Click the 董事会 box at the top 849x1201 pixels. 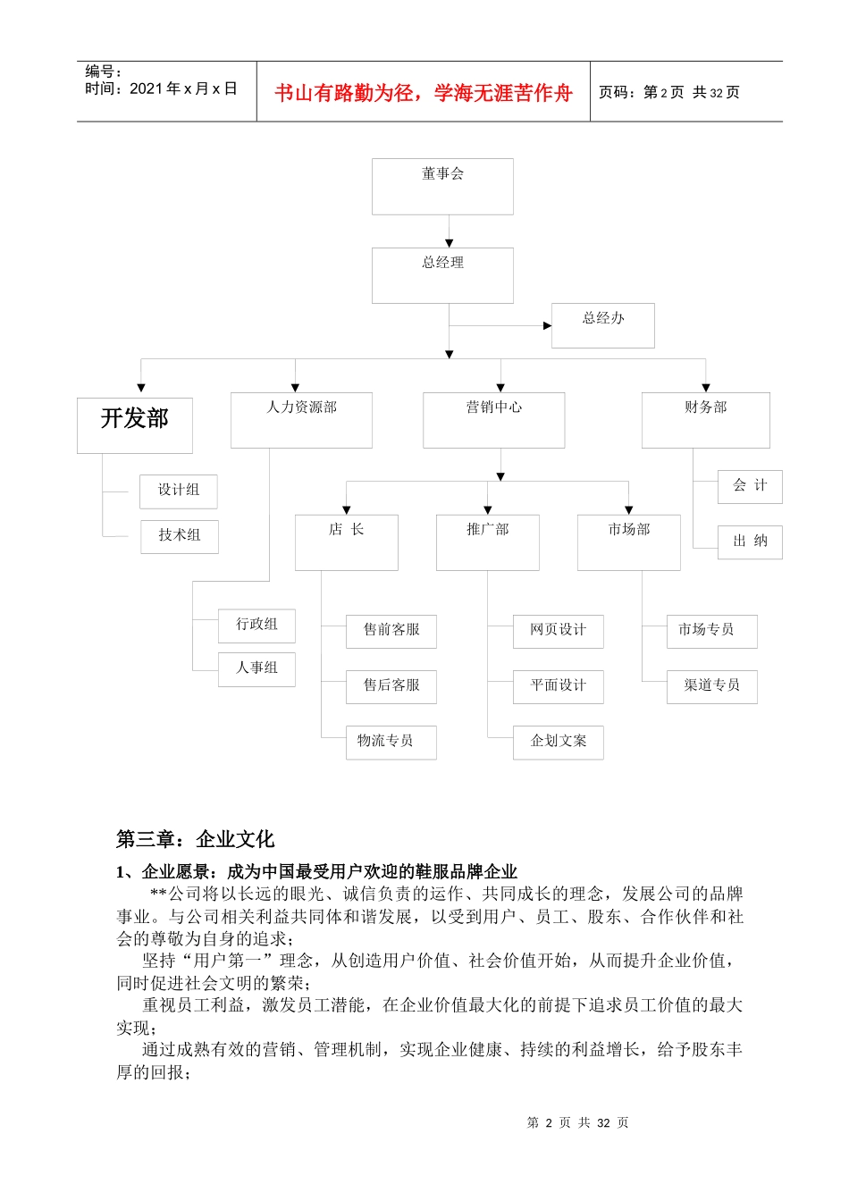442,186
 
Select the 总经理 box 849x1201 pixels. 442,275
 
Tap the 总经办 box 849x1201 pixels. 602,325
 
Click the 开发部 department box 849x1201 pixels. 135,424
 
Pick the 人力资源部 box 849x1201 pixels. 301,419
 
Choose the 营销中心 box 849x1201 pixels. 493,419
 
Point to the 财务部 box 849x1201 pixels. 705,419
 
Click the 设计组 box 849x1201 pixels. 179,491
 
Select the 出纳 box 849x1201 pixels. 750,542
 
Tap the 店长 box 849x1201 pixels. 346,542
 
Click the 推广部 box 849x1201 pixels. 487,542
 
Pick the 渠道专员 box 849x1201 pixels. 711,686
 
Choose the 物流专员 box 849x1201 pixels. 391,742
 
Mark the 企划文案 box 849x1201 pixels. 558,742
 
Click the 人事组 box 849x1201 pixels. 256,668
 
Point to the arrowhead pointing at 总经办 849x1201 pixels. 547,325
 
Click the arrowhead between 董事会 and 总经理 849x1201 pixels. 449,243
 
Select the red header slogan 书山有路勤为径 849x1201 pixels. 423,93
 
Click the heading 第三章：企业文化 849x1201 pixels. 195,839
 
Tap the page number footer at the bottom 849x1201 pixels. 577,1122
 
